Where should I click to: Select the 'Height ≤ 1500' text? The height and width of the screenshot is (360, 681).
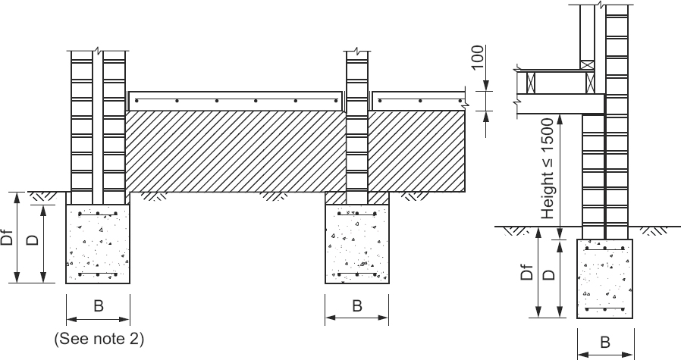point(548,169)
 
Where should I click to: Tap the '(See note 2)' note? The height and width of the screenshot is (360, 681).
point(99,339)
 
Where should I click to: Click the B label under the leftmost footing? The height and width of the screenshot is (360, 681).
point(98,307)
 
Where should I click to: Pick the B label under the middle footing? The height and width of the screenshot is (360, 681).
point(356,307)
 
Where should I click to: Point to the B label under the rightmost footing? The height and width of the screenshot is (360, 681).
point(605,343)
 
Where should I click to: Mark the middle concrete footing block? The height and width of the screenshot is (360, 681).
point(356,244)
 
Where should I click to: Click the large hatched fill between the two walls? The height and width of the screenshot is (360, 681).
point(235,150)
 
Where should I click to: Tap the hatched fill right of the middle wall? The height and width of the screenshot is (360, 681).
point(416,150)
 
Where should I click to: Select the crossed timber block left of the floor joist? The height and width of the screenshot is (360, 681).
point(531,82)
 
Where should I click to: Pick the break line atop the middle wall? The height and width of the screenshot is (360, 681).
point(356,53)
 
